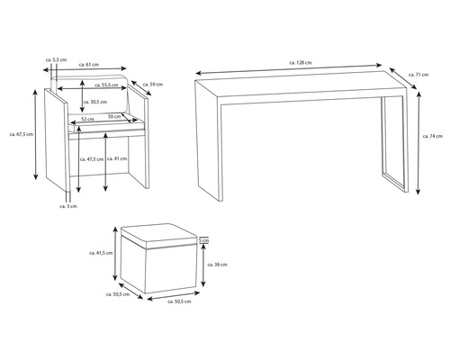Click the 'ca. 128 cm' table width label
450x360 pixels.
[301, 62]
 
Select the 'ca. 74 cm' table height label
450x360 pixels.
[434, 136]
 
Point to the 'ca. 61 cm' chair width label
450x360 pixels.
[89, 65]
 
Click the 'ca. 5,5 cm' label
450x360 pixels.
[56, 58]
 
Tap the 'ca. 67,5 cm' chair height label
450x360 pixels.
[22, 134]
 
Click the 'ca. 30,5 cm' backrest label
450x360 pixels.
[102, 102]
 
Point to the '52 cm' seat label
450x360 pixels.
[88, 119]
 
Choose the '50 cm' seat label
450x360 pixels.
[115, 116]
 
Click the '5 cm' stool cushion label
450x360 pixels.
[204, 241]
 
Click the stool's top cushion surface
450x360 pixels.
[157, 236]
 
